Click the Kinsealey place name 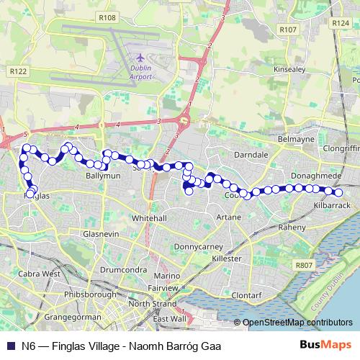click(x=290, y=70)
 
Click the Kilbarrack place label click(x=330, y=205)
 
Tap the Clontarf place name click(x=251, y=294)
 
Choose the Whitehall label click(x=150, y=217)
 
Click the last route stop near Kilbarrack click(x=338, y=192)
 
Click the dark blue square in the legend click(x=10, y=346)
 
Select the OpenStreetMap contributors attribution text click(x=297, y=322)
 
